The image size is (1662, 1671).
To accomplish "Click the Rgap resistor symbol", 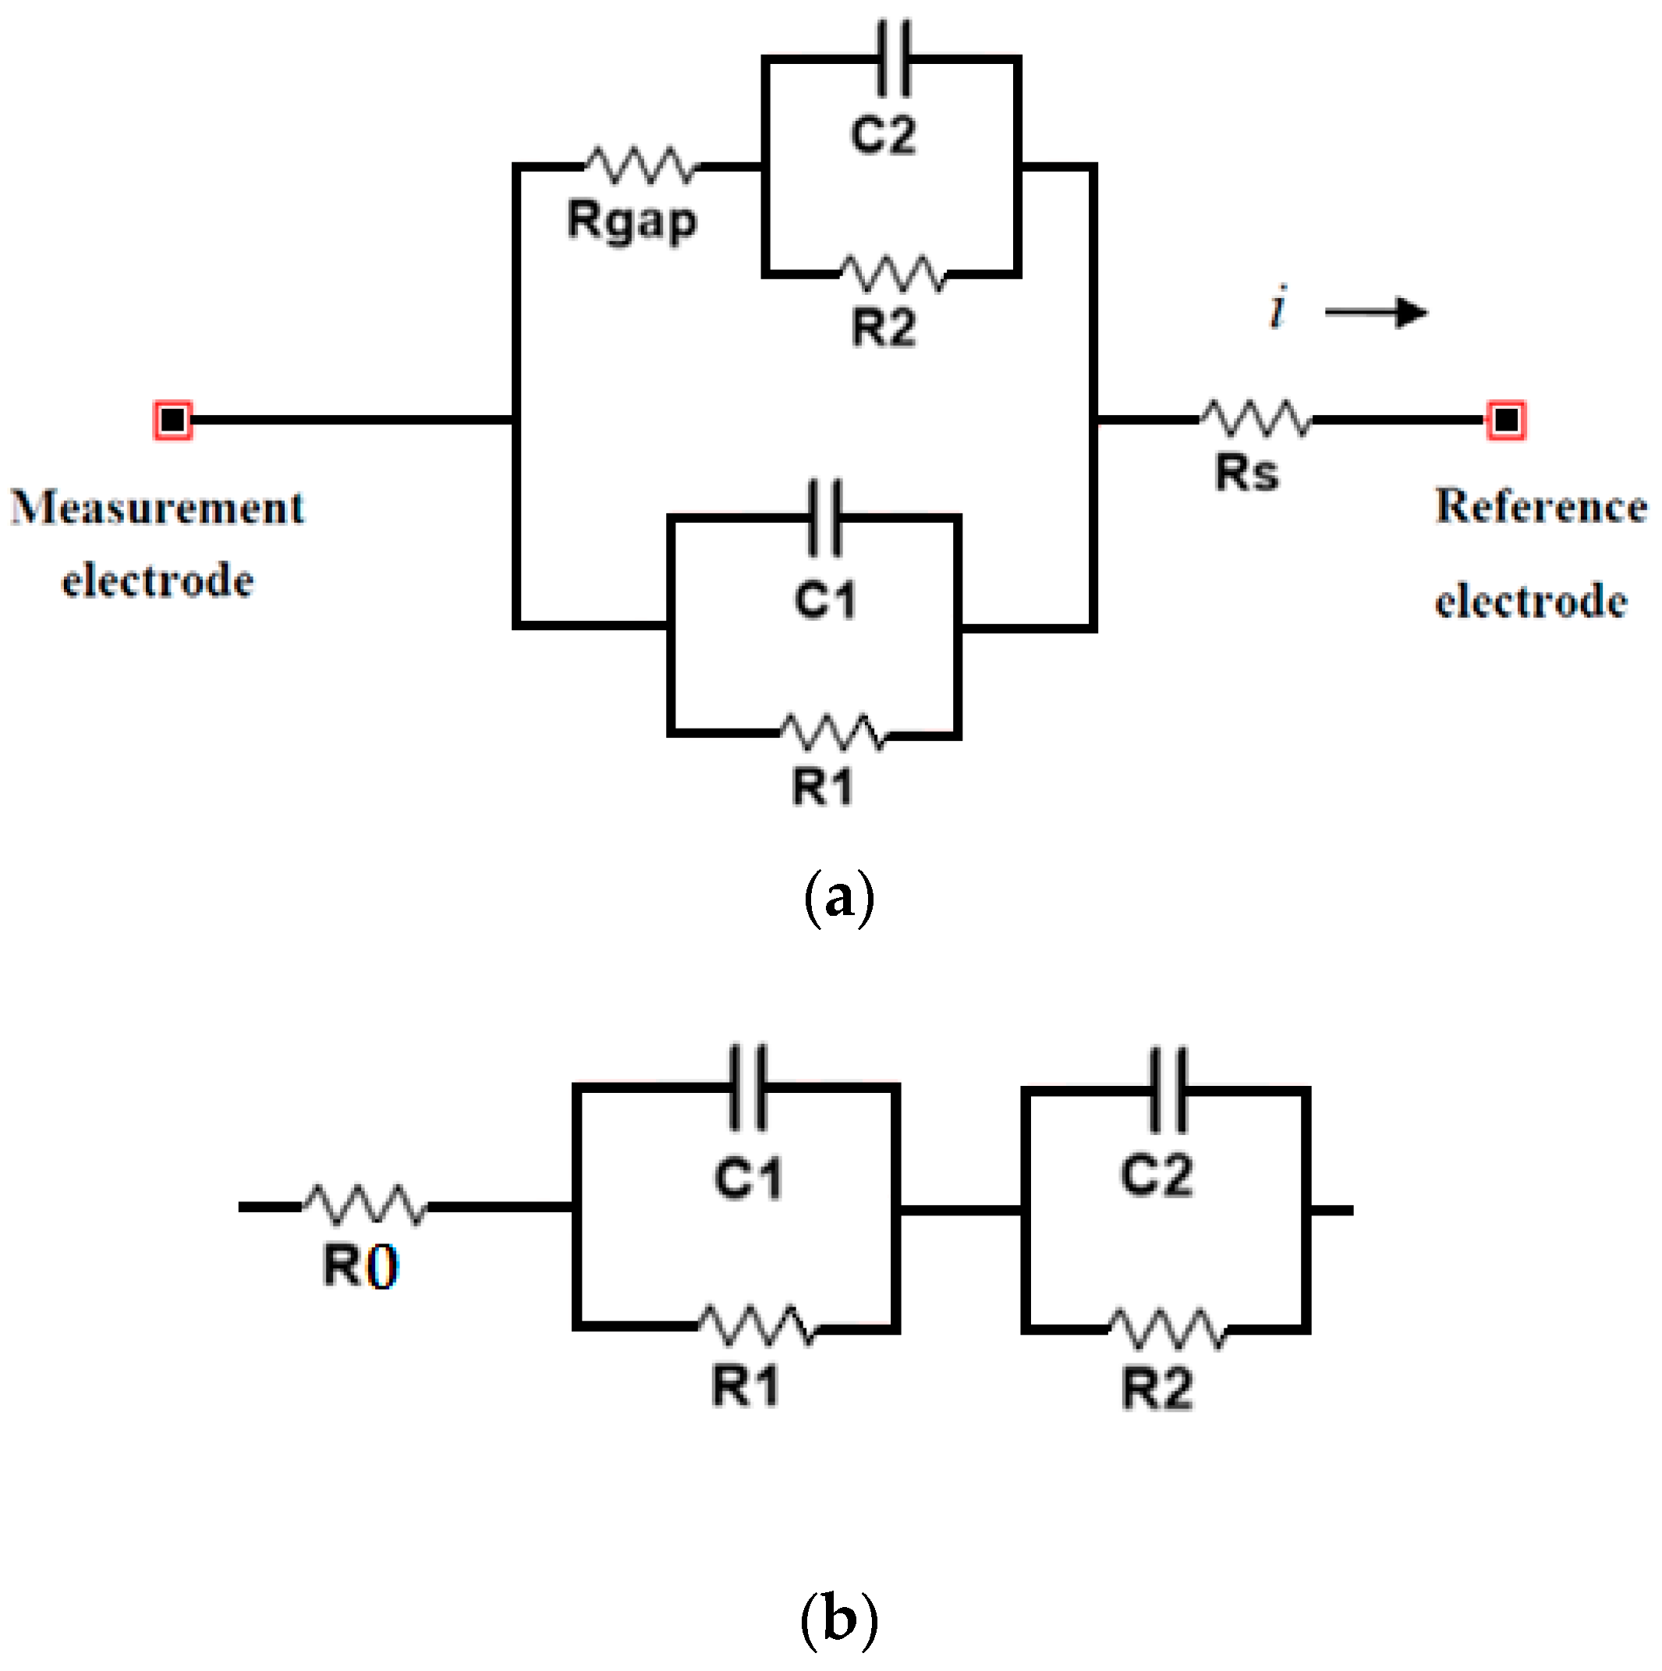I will (640, 165).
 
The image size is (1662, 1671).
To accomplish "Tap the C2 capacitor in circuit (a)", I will (892, 59).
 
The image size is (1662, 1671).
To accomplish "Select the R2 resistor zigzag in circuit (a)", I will (892, 274).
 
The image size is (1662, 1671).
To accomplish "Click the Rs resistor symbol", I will (1256, 419).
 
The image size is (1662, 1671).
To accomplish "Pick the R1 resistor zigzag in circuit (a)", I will (833, 733).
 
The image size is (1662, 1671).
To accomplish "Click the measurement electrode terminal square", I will (173, 420).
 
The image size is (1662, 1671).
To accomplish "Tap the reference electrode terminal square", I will (1505, 420).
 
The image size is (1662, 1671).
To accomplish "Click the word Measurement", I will (158, 508).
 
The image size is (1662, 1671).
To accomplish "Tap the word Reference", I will (1540, 507).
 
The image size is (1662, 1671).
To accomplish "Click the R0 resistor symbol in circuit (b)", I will (364, 1204).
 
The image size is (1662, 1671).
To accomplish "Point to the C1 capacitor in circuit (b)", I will (748, 1087).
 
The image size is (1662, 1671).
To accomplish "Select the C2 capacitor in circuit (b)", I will (1168, 1091).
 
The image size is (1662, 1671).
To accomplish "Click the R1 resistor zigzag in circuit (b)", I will (756, 1326).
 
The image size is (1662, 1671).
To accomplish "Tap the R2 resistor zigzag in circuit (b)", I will (1167, 1329).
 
